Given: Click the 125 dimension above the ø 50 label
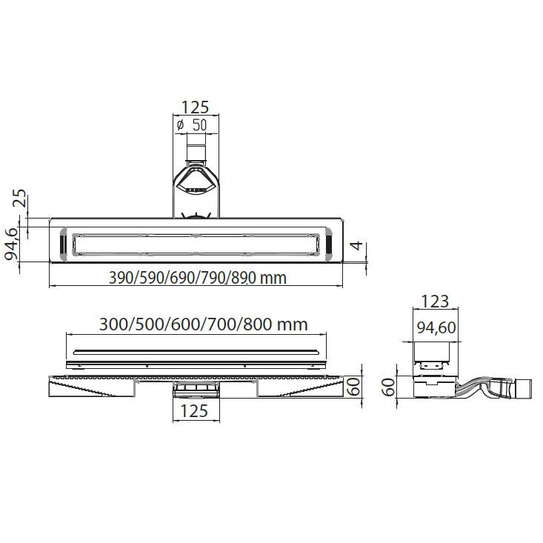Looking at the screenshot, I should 196,107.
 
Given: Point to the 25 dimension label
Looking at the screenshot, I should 21,199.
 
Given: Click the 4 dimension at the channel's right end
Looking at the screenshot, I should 356,246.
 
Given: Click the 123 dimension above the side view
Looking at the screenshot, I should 435,301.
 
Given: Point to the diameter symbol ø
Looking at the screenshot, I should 180,125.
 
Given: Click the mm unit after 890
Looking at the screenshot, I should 273,279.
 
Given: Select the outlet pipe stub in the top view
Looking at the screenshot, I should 196,152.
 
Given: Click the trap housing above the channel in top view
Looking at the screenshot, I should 196,185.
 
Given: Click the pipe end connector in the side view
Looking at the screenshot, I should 524,387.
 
